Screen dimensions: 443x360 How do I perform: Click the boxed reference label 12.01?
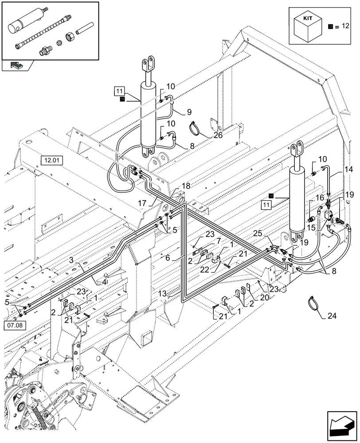click(x=52, y=160)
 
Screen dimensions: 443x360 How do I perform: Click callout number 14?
click(x=348, y=169)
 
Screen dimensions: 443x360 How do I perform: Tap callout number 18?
click(x=185, y=186)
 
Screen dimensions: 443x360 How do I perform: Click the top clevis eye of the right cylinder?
click(x=297, y=147)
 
